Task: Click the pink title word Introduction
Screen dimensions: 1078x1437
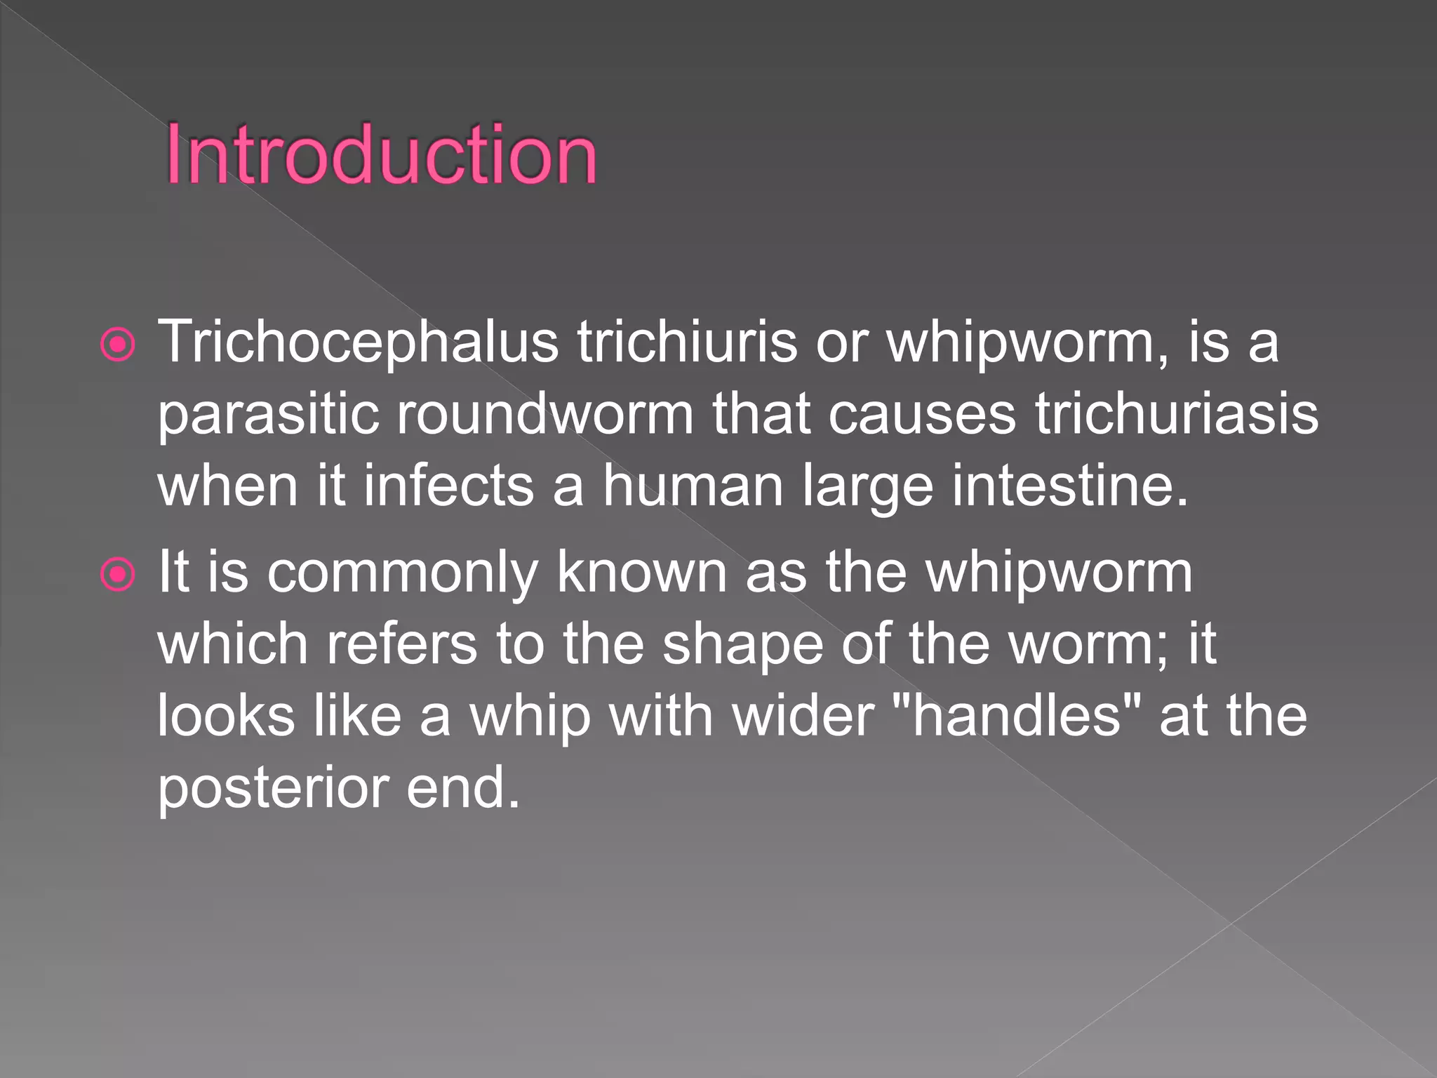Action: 381,155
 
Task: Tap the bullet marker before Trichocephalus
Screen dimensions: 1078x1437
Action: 117,345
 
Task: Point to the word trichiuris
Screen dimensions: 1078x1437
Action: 687,342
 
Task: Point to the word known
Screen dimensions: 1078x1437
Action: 641,573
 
